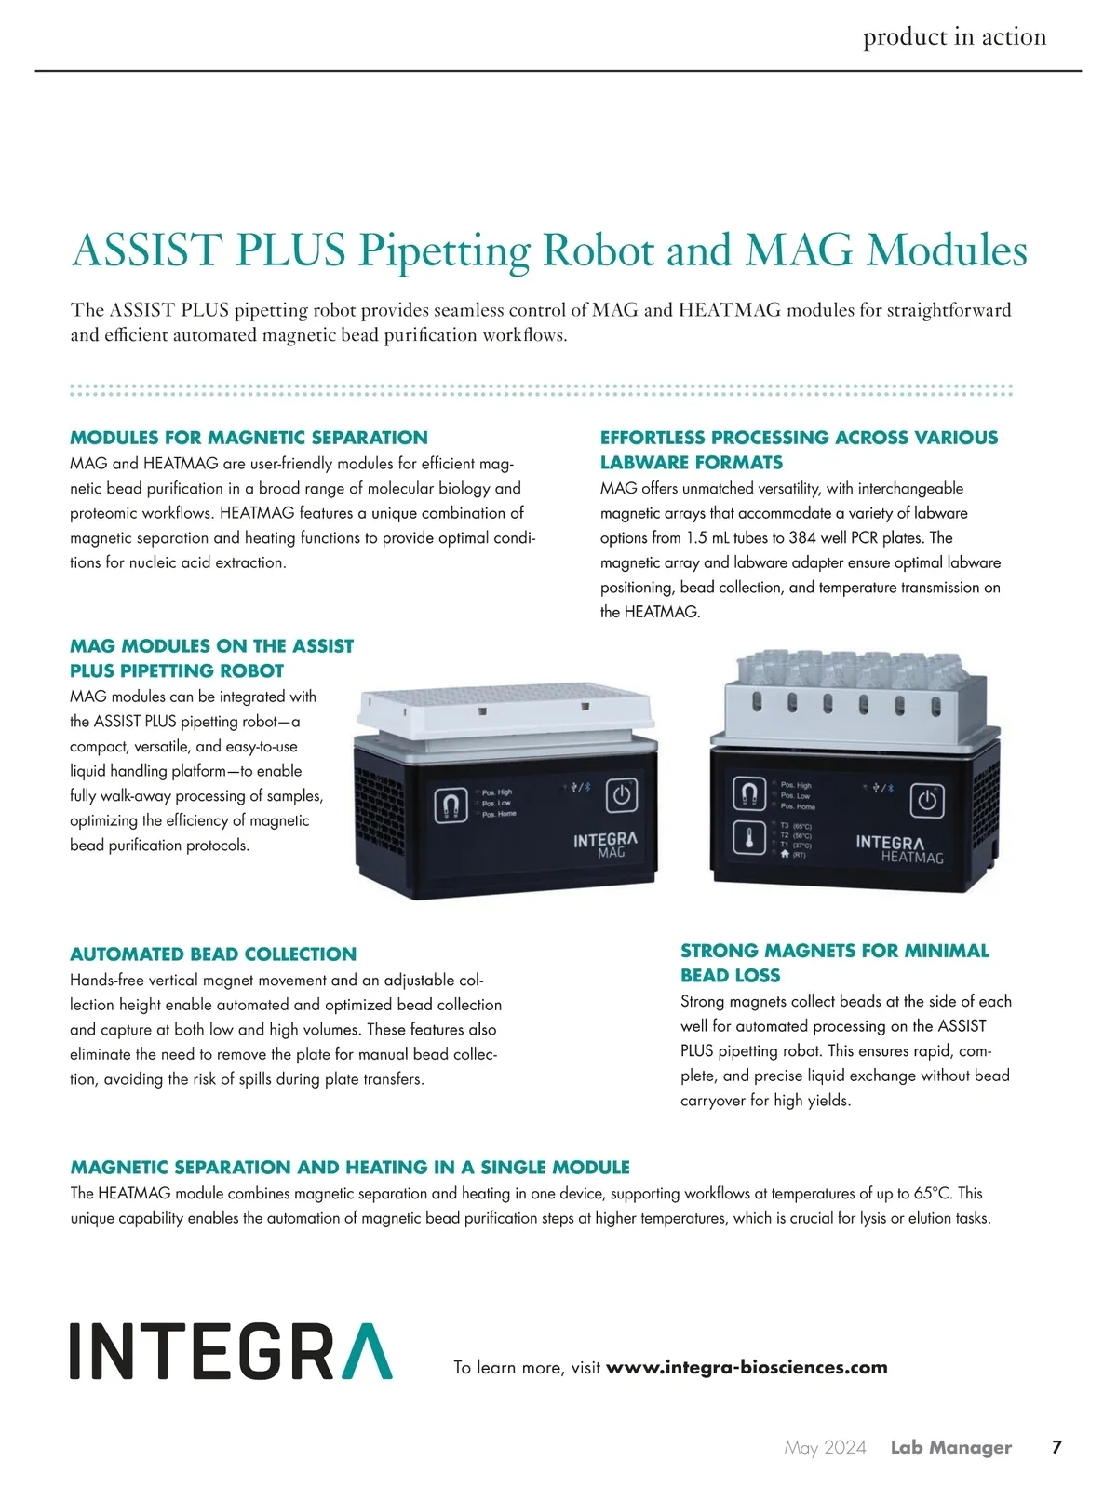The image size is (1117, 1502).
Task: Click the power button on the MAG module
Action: coord(622,796)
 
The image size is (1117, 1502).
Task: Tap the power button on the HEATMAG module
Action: coord(926,801)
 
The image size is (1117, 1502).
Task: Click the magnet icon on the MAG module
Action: coord(451,805)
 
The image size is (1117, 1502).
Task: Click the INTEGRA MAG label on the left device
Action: coord(605,845)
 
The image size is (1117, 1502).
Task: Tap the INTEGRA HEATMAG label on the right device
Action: coord(899,848)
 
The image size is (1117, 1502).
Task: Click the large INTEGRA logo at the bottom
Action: coord(231,1351)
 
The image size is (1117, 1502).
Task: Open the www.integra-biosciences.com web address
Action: coord(747,1368)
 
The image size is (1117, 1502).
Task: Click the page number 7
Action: coord(1056,1447)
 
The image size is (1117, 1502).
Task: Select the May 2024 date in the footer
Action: coord(825,1447)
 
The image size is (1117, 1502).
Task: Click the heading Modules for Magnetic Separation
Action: coord(249,438)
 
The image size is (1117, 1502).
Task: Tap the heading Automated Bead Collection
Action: coord(213,954)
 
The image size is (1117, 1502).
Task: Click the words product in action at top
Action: coord(954,37)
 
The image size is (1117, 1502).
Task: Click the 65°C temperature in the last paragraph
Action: coord(933,1194)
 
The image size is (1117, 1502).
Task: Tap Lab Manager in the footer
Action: coord(950,1447)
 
